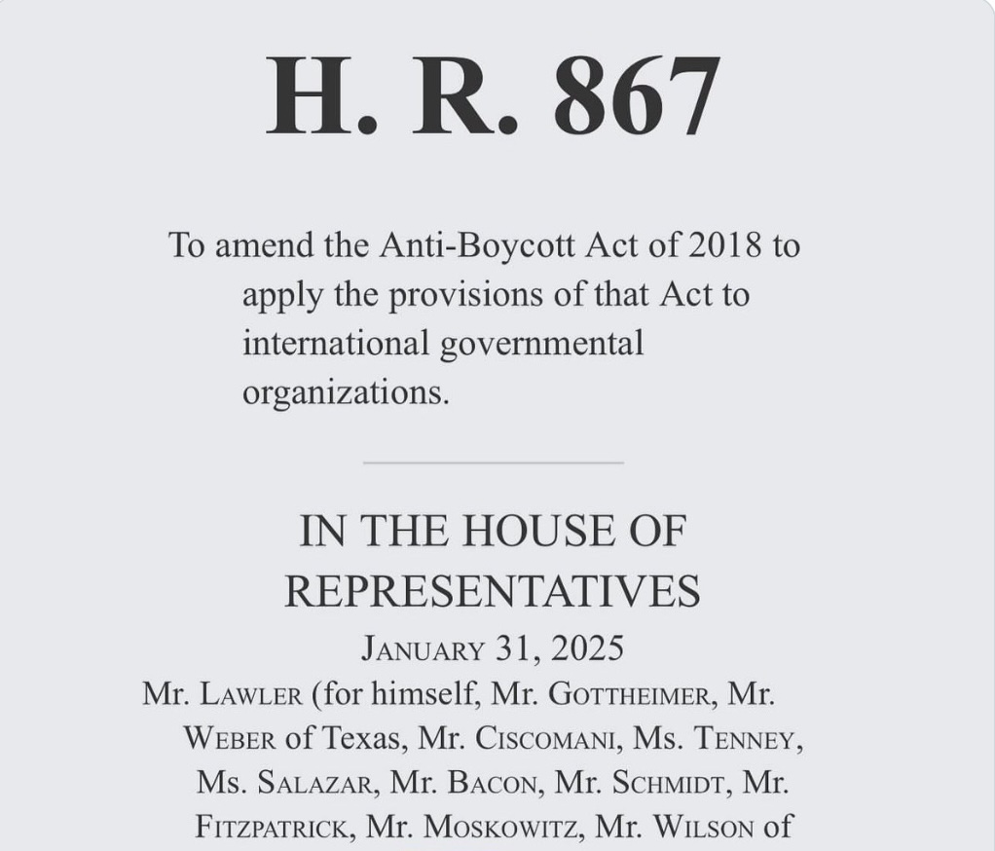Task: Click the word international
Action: tap(335, 343)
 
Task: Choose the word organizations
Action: tap(346, 392)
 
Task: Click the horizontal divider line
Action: tap(493, 462)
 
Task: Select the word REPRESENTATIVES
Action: tap(493, 591)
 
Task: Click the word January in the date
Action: tap(422, 647)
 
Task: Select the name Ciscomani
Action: tap(545, 739)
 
